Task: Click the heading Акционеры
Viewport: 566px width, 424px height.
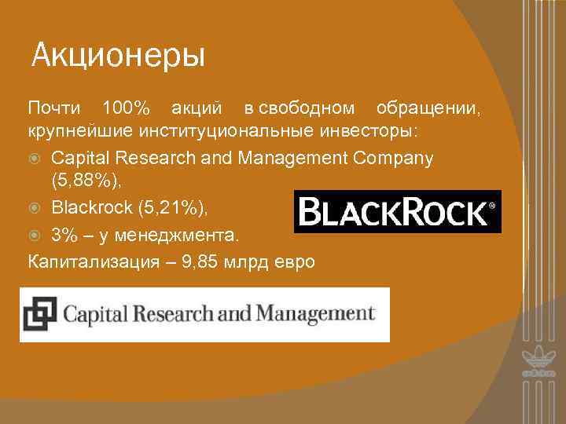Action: [118, 57]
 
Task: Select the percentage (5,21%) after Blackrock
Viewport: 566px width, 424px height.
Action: [174, 208]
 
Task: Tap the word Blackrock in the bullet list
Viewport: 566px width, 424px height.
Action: [90, 208]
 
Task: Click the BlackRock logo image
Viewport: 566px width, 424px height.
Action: [397, 211]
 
